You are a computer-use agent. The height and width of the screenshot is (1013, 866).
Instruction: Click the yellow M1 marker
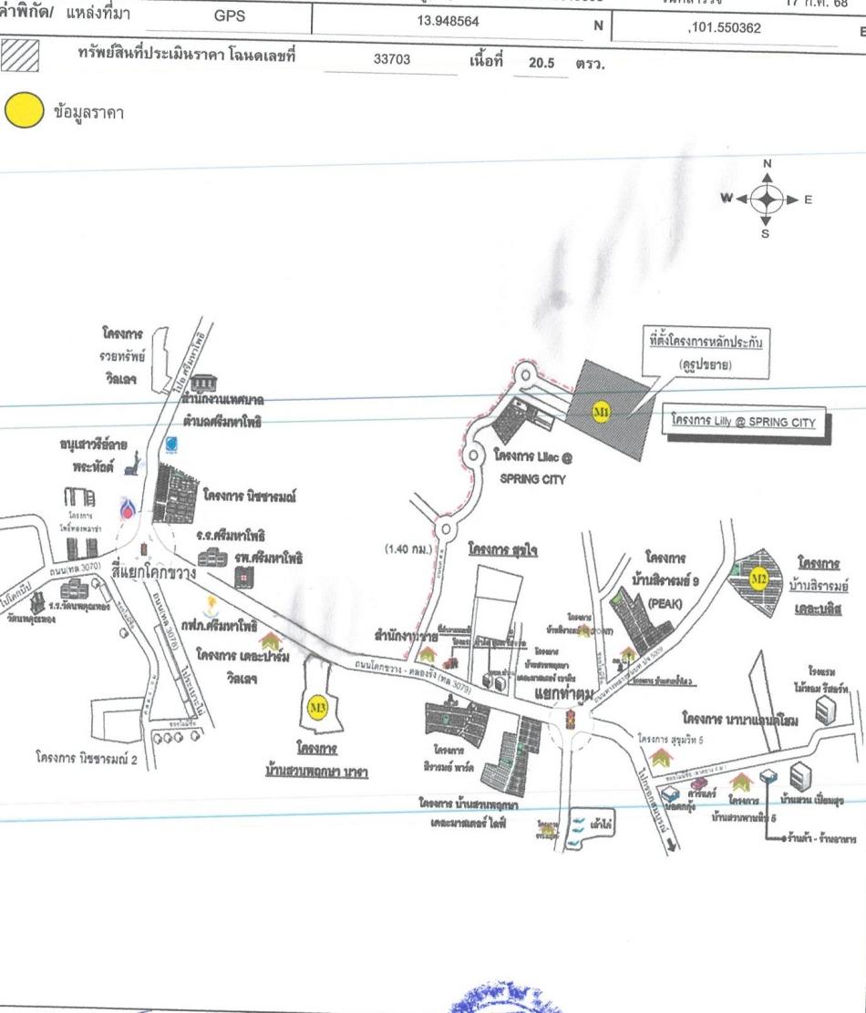pyautogui.click(x=601, y=412)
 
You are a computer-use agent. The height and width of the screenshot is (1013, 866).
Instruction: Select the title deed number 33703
pyautogui.click(x=393, y=60)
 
